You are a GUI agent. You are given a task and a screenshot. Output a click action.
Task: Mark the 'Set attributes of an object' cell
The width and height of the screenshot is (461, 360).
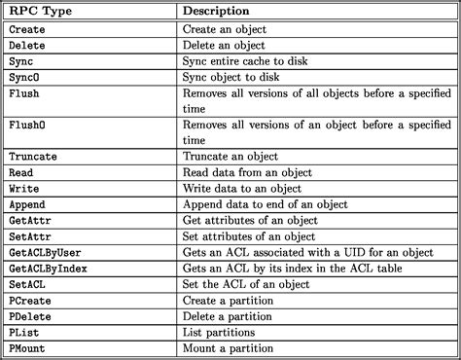pyautogui.click(x=250, y=235)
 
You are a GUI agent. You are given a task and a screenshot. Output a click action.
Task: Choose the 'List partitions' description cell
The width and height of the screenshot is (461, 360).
pyautogui.click(x=221, y=331)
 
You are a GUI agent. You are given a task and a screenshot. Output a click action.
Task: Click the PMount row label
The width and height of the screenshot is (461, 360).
pyautogui.click(x=30, y=346)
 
